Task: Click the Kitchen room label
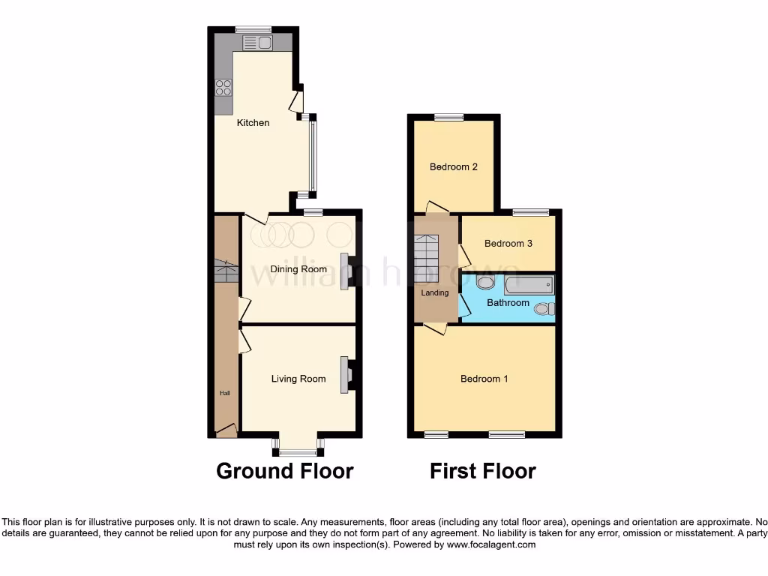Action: point(253,122)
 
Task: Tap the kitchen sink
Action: point(256,43)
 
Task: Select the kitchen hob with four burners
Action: point(223,88)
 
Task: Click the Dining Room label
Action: point(298,269)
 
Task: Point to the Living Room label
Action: point(298,379)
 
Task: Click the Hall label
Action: point(224,392)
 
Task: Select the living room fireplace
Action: point(346,374)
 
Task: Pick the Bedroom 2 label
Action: point(453,166)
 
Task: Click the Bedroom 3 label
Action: point(508,243)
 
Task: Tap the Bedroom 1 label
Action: point(484,379)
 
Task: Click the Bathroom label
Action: point(508,303)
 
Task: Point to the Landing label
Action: point(435,292)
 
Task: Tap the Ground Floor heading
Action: point(284,471)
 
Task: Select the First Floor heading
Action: point(482,471)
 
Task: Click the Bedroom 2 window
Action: point(448,117)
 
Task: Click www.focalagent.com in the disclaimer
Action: point(491,544)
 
